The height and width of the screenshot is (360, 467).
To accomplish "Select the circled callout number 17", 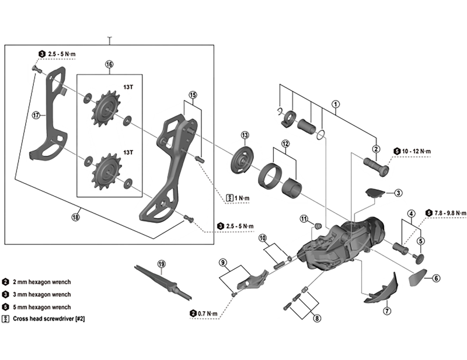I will click(36, 115).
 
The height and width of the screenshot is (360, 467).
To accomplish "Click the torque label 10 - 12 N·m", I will click(415, 151).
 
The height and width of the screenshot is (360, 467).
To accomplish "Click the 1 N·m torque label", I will click(236, 198).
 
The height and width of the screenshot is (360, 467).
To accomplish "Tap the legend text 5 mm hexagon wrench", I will click(40, 307).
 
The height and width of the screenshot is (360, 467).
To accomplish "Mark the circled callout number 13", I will click(245, 134).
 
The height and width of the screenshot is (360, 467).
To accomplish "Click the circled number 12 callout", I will click(285, 144).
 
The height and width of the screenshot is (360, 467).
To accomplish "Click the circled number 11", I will click(304, 218).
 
